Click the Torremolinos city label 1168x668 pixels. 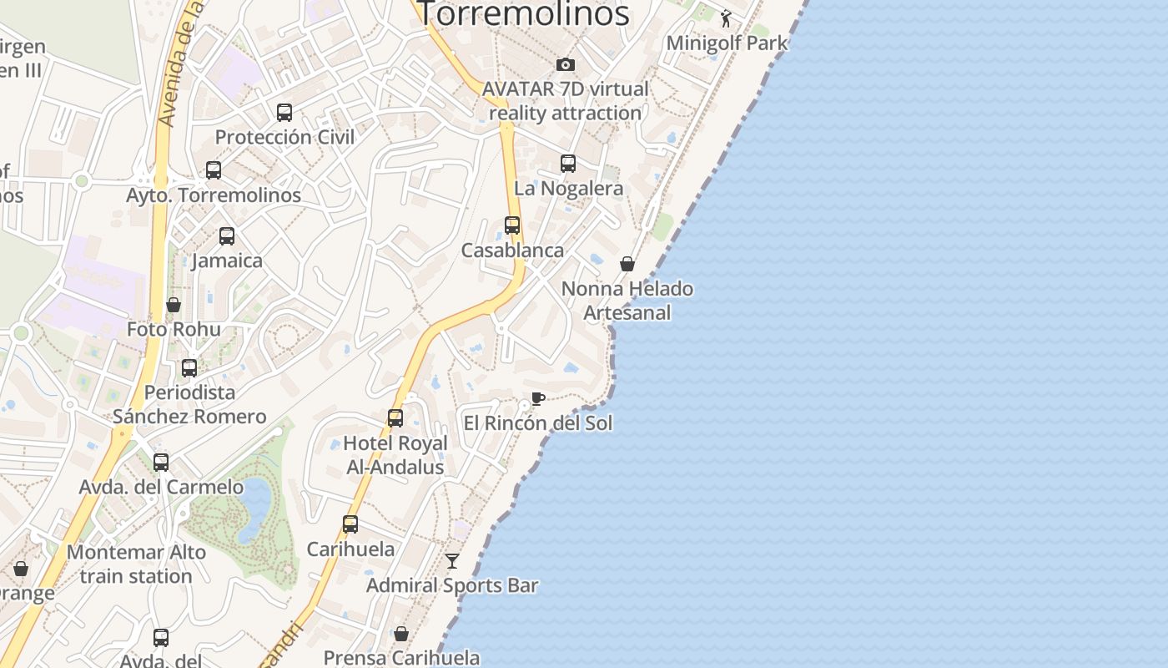(x=522, y=13)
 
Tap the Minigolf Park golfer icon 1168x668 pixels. (x=726, y=18)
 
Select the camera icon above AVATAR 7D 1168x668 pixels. (x=566, y=64)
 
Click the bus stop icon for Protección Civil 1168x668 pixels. (x=284, y=112)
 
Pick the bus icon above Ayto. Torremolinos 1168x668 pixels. (x=214, y=170)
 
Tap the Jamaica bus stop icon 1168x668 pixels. (x=227, y=236)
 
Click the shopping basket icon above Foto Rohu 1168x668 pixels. (x=174, y=305)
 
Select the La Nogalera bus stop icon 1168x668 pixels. (x=568, y=164)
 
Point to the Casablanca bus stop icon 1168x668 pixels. (x=512, y=225)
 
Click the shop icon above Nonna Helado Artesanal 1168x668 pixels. (x=627, y=264)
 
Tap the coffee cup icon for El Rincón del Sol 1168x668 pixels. (x=538, y=398)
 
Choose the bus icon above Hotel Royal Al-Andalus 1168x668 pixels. (x=395, y=418)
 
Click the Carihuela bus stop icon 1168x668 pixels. (x=350, y=524)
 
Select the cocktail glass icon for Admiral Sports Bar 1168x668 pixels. (x=452, y=561)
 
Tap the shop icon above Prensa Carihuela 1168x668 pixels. (x=401, y=634)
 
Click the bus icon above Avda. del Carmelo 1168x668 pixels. (x=161, y=463)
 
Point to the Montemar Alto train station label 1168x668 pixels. (x=136, y=564)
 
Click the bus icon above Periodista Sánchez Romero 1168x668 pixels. (x=189, y=368)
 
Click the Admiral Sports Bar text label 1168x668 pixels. (x=452, y=585)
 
